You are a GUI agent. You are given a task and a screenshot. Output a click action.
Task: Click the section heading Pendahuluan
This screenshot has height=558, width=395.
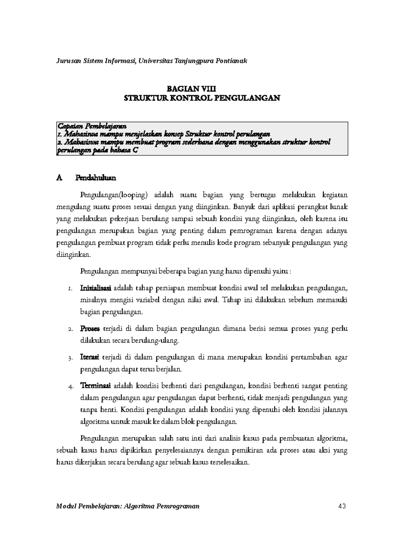[95, 178]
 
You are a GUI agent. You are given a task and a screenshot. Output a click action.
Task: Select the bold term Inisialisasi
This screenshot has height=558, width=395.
[96, 289]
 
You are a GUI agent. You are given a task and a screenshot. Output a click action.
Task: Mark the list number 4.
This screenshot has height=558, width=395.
[70, 386]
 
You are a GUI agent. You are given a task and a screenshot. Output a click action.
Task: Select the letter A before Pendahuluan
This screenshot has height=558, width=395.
[59, 178]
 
